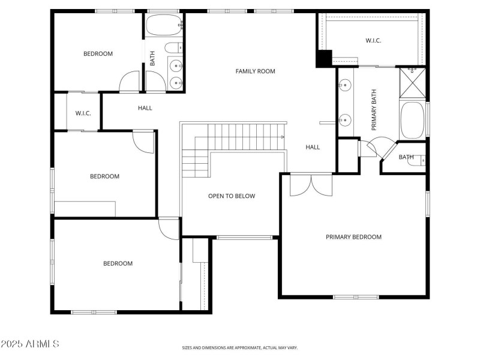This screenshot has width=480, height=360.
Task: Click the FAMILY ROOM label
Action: click(255, 71)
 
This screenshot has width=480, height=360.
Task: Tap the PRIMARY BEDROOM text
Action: click(353, 237)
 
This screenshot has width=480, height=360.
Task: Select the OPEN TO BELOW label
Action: click(232, 196)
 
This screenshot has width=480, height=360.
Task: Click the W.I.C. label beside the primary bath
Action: click(373, 41)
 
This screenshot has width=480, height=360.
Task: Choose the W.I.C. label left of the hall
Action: click(83, 113)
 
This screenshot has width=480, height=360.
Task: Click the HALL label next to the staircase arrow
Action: click(313, 147)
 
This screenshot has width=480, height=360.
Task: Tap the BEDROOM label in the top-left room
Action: click(98, 54)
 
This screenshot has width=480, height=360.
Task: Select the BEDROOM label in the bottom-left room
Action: click(118, 263)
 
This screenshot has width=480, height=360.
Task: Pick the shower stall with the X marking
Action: click(412, 83)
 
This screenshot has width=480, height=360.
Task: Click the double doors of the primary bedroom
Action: click(310, 185)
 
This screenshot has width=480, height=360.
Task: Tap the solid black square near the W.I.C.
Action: click(324, 58)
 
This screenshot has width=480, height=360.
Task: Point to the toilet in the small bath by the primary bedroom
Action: click(421, 160)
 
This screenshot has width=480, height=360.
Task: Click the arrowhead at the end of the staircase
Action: click(282, 137)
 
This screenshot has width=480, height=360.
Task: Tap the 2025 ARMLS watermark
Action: click(30, 344)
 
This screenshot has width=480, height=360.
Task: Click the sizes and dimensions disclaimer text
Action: click(240, 347)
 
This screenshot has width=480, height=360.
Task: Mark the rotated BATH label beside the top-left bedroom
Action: click(152, 58)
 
